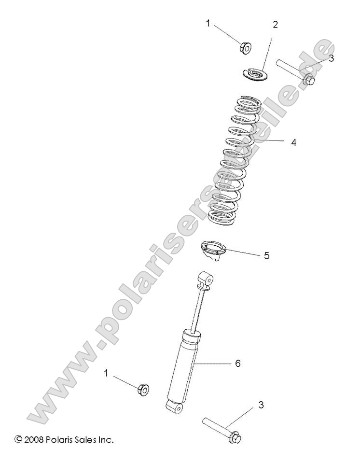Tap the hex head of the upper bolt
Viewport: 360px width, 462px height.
(x=309, y=81)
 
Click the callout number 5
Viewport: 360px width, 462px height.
(x=267, y=255)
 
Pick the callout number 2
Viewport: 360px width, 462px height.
(x=276, y=24)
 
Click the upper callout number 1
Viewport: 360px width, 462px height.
(x=208, y=24)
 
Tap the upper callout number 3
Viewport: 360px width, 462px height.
(x=318, y=58)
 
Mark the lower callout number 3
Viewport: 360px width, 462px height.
(x=261, y=405)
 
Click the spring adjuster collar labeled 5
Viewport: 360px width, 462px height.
(x=212, y=252)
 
